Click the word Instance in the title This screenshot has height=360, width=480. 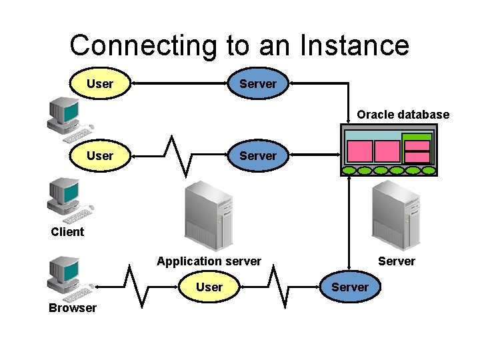click(x=354, y=45)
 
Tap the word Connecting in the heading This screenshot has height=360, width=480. click(x=143, y=45)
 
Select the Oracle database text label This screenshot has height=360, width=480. click(x=403, y=115)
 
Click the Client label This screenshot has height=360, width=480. click(x=67, y=232)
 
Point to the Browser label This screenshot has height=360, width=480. click(x=72, y=307)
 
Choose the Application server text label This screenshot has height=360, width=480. click(x=209, y=261)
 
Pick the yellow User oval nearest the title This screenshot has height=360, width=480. click(x=100, y=84)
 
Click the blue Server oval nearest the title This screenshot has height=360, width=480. click(x=257, y=84)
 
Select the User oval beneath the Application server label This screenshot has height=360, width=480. click(x=209, y=287)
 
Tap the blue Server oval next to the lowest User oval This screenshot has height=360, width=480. click(x=349, y=287)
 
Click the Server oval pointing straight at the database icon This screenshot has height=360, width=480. click(x=257, y=156)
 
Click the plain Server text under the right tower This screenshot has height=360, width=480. click(x=396, y=261)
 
